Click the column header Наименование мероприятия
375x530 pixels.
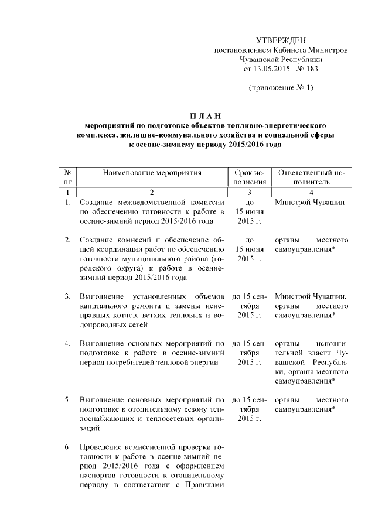[152, 173]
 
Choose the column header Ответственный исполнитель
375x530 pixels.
[312, 177]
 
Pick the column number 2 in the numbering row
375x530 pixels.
[152, 192]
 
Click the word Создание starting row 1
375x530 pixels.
[96, 202]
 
